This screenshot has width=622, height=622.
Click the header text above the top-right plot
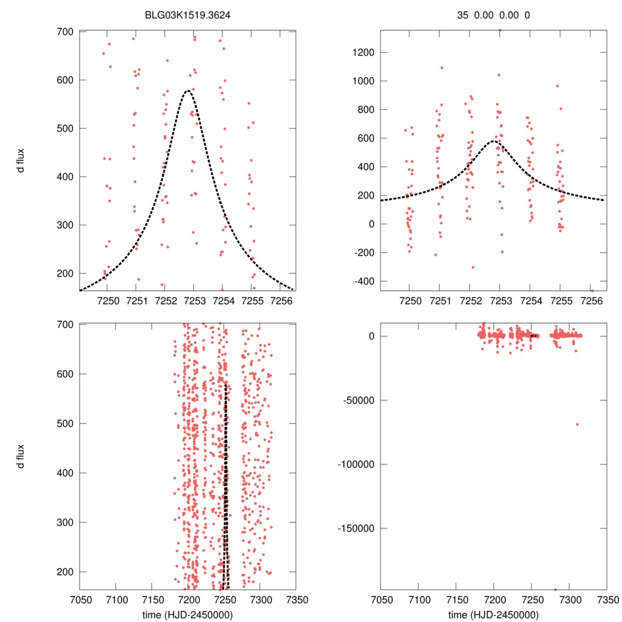[493, 16]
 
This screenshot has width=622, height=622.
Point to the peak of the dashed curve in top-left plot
[188, 91]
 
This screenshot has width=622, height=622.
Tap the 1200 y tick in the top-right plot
[362, 52]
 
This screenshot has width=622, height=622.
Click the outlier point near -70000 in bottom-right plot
[577, 424]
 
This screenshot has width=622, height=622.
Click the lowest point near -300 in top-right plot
[473, 267]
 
